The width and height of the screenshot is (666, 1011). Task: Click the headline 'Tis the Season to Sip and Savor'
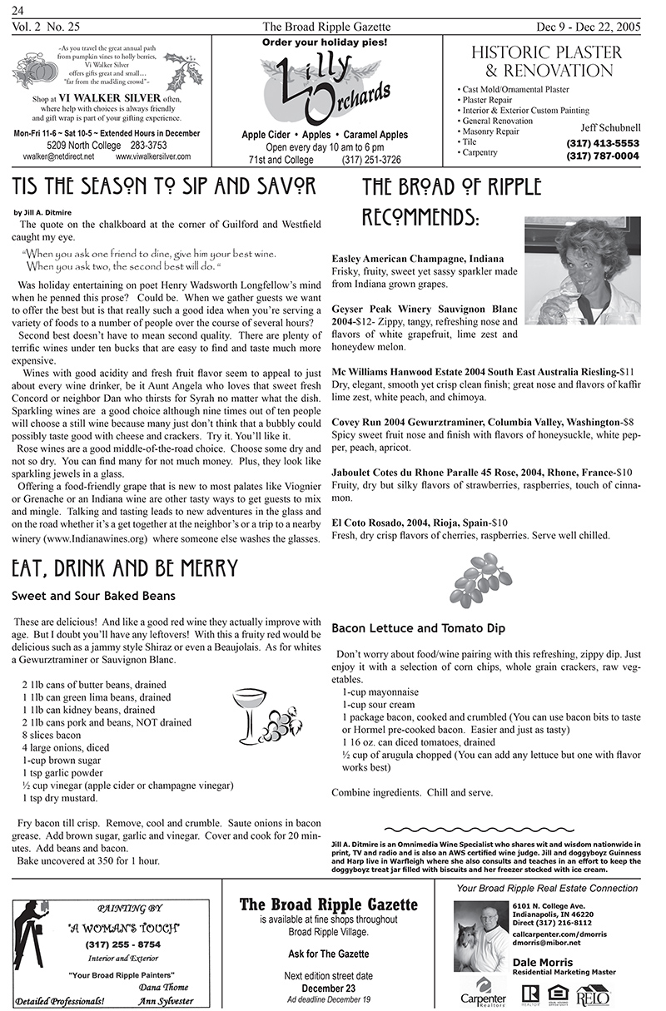click(x=164, y=186)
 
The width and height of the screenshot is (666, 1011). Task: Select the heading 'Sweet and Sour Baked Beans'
click(x=93, y=596)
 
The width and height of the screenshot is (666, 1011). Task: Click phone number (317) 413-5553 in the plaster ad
click(x=602, y=143)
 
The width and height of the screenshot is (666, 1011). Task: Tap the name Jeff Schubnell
click(x=610, y=127)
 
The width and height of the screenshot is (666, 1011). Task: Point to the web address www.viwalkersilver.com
click(x=153, y=156)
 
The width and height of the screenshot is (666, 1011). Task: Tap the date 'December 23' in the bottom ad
click(x=328, y=988)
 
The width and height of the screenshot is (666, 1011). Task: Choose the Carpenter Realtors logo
click(x=484, y=993)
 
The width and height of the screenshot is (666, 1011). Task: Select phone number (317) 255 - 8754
click(x=122, y=944)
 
